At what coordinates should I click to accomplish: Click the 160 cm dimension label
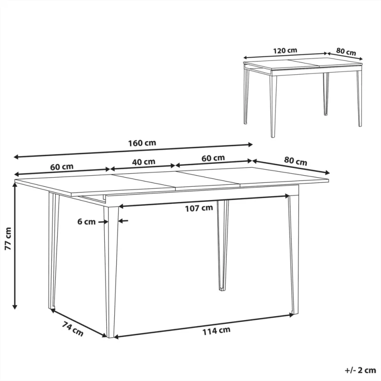coord(142,143)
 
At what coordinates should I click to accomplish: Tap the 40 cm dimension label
coord(144,162)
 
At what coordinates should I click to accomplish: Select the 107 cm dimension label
coord(199,208)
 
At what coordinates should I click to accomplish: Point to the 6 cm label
coord(87,221)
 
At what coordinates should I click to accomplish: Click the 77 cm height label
coord(8,239)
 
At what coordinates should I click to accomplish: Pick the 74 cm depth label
coord(72,329)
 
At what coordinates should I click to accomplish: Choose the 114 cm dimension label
coord(216,331)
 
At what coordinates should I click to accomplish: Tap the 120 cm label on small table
coord(285,50)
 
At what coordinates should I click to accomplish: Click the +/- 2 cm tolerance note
coord(361,370)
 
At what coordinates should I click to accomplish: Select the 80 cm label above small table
coord(346,51)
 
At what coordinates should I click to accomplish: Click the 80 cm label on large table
coord(295,161)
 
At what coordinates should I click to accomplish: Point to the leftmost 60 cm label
coord(62,167)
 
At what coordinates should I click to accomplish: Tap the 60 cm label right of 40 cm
coord(213,158)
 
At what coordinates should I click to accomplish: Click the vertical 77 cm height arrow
coord(15,246)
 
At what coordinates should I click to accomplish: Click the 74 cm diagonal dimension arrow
coord(79,323)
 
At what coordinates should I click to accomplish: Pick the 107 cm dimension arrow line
coord(204,201)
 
